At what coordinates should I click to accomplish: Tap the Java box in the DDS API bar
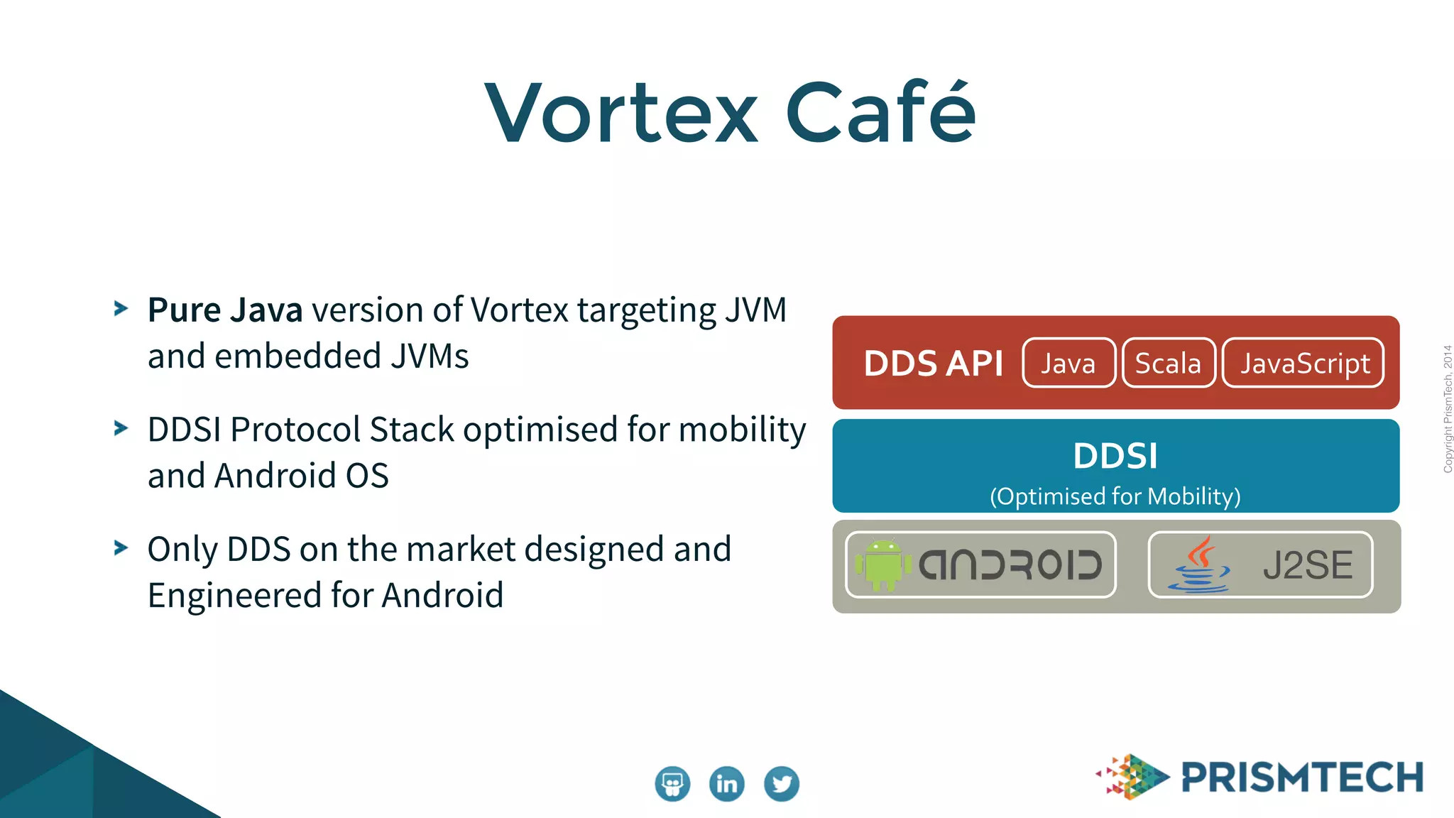click(x=1068, y=363)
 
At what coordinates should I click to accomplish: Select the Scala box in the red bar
click(x=1169, y=363)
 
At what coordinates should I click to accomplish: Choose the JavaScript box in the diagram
click(x=1303, y=363)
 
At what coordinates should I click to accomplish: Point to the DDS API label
click(x=933, y=364)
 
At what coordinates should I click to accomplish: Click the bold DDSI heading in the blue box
click(x=1115, y=456)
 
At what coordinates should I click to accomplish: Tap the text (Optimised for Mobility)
click(x=1115, y=496)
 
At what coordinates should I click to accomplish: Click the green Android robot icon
click(x=882, y=565)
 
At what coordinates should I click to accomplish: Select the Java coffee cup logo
click(x=1199, y=565)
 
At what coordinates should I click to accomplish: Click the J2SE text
click(x=1308, y=565)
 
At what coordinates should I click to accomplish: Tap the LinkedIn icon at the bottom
click(x=727, y=784)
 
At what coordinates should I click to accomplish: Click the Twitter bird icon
click(x=782, y=784)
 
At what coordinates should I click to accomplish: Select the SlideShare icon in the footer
click(x=672, y=784)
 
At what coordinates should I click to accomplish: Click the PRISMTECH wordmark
click(x=1302, y=777)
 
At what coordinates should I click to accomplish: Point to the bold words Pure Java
click(x=225, y=310)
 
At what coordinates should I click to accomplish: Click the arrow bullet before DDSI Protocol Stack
click(x=121, y=428)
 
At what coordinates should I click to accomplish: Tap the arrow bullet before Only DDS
click(x=121, y=547)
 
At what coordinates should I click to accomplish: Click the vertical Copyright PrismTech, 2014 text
click(x=1448, y=409)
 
